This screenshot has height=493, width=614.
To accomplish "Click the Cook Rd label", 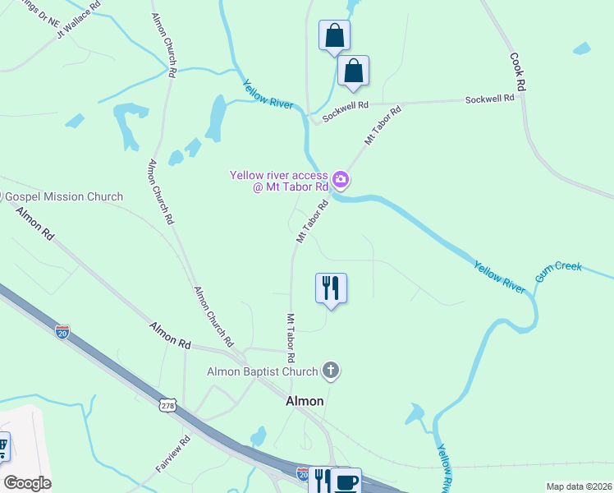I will coord(517,72).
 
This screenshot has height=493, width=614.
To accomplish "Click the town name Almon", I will coord(305,401).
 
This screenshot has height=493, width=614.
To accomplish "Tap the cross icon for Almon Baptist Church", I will coord(331,371).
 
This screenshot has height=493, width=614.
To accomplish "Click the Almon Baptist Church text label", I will coord(262,371).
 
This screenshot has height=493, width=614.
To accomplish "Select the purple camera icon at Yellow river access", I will coord(340,178).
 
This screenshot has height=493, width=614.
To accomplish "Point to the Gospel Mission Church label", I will coord(64,196).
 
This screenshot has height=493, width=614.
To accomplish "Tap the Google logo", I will coord(27,483).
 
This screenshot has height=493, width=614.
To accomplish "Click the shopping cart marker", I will coord(2,447).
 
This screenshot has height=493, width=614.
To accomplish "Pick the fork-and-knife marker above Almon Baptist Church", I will coord(331,288).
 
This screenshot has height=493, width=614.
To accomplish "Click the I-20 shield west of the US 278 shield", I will coord(62,333).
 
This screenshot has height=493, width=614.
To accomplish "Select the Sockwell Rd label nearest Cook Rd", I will coord(489,98).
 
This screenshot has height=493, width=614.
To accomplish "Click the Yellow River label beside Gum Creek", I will coord(499,276).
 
